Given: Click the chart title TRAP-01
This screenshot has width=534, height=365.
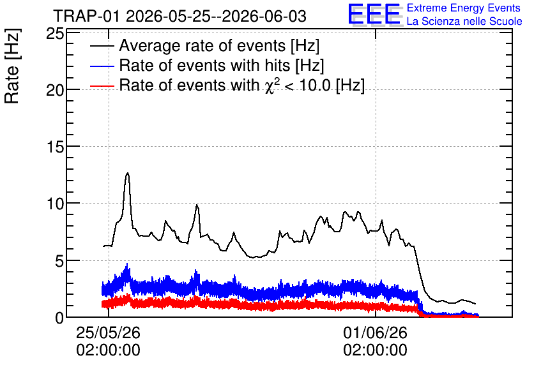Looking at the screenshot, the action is (x=86, y=17).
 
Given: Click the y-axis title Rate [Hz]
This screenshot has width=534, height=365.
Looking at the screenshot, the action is (x=12, y=66).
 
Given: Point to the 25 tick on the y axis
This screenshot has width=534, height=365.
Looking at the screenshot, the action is (x=55, y=33).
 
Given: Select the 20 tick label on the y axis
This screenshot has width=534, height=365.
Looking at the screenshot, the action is (x=55, y=90).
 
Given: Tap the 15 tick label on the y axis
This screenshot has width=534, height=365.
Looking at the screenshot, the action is (x=55, y=147).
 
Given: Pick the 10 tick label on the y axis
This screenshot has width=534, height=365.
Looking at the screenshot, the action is (x=55, y=204).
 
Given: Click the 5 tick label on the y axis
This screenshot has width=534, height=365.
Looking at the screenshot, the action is (x=59, y=261).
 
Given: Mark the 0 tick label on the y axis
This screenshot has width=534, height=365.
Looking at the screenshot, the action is (x=59, y=318).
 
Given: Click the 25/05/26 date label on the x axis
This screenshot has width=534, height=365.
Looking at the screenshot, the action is (x=109, y=332).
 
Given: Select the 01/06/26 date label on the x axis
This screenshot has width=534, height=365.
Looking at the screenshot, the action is (x=376, y=332).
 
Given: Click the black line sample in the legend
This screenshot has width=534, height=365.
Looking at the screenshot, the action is (x=102, y=46).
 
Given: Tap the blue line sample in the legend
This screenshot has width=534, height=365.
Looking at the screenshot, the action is (x=102, y=66).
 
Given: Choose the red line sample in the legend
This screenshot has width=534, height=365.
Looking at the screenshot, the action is (x=102, y=86).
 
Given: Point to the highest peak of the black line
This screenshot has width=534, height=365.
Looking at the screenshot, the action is (x=128, y=173).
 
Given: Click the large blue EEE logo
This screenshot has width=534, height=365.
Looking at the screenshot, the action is (x=374, y=14).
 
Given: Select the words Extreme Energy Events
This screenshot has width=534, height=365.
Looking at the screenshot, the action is (x=464, y=8).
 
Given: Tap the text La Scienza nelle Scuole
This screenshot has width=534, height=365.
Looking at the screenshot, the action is (x=464, y=21).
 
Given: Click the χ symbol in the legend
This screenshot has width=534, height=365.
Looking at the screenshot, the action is (x=270, y=87).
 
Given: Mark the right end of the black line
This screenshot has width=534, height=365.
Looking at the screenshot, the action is (x=475, y=304).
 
